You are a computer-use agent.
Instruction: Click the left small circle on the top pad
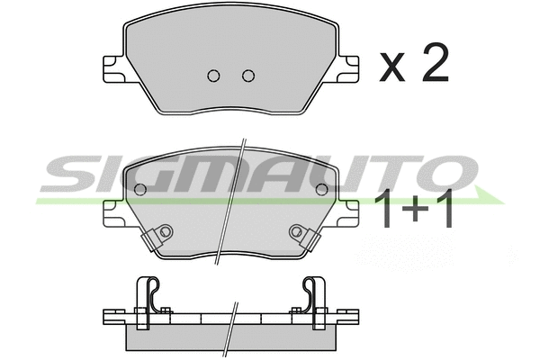pos(213,76)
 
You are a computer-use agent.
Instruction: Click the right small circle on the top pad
pos(247,76)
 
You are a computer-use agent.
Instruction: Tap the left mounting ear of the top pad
pos(112,69)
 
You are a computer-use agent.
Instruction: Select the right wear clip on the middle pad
pos(301,235)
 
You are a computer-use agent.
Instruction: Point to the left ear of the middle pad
pos(112,213)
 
